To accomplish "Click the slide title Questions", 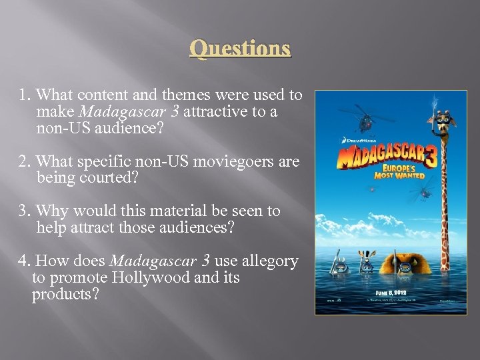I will pos(240,49).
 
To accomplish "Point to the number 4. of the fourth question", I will pos(25,261).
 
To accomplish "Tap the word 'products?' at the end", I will pos(65,293).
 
